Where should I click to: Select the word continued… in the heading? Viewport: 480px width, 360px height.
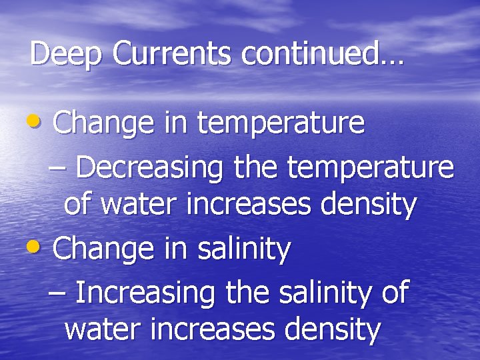point(323,53)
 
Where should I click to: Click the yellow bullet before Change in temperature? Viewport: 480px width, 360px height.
point(39,121)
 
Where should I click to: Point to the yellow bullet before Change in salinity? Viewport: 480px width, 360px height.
point(39,248)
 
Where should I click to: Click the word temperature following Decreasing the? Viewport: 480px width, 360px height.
point(370,168)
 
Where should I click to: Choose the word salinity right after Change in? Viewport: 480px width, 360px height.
point(245,250)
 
